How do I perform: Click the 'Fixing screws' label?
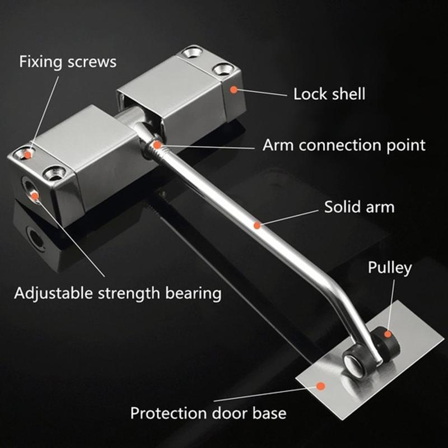[68, 62]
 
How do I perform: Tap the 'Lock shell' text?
[329, 94]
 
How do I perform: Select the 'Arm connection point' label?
[344, 145]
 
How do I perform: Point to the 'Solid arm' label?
[359, 207]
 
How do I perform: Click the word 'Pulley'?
[390, 268]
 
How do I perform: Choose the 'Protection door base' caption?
[208, 413]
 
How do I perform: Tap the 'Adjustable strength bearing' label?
[118, 293]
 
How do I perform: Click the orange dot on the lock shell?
[234, 90]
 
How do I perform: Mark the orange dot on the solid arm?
[257, 226]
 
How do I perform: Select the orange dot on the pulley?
[388, 334]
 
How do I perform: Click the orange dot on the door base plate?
[321, 386]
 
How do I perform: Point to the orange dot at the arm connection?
[157, 145]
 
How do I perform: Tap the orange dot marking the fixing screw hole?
[27, 155]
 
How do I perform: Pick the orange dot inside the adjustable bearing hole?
[35, 196]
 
